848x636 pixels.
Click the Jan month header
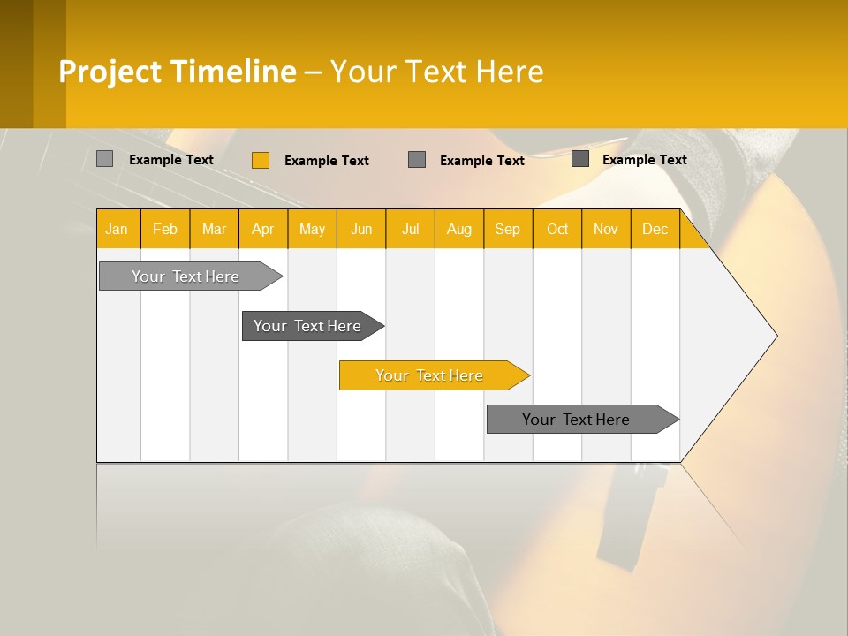tap(117, 229)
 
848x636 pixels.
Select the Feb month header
tap(165, 229)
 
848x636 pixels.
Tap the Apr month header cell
tap(263, 229)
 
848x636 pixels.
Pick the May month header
tap(312, 229)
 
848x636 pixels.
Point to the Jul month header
tap(410, 229)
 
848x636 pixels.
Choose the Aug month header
tap(459, 229)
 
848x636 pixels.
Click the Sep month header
tap(508, 229)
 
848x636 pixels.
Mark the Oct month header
tap(557, 229)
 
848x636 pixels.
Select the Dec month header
tap(655, 229)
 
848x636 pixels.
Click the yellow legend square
tap(260, 160)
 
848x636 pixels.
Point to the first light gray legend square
tap(104, 159)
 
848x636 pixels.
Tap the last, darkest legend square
tap(580, 159)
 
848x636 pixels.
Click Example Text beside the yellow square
tap(326, 161)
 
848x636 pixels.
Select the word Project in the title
tap(110, 72)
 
